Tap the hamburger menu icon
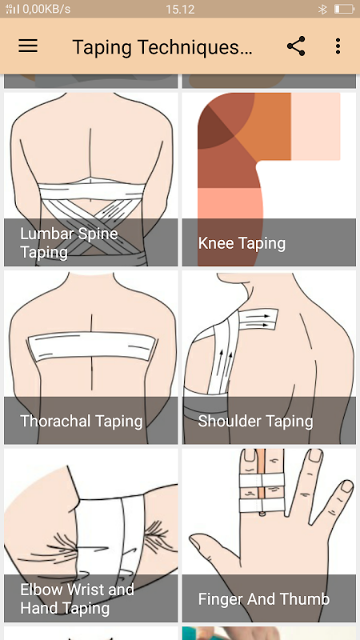point(28,46)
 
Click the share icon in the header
point(296,46)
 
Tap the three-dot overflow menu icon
point(338,46)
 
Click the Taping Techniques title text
point(162,47)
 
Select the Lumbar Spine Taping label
point(69,243)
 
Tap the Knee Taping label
point(242,243)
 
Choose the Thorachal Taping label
point(82,421)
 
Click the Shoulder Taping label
point(255,422)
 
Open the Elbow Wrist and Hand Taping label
point(77,598)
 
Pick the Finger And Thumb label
point(264,599)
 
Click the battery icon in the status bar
point(344,9)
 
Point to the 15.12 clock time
point(180,9)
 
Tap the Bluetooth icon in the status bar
point(322,9)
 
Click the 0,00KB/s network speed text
point(46,9)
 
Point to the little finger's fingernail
point(346,486)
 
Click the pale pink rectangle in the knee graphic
point(315,126)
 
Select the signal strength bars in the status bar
point(13,9)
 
